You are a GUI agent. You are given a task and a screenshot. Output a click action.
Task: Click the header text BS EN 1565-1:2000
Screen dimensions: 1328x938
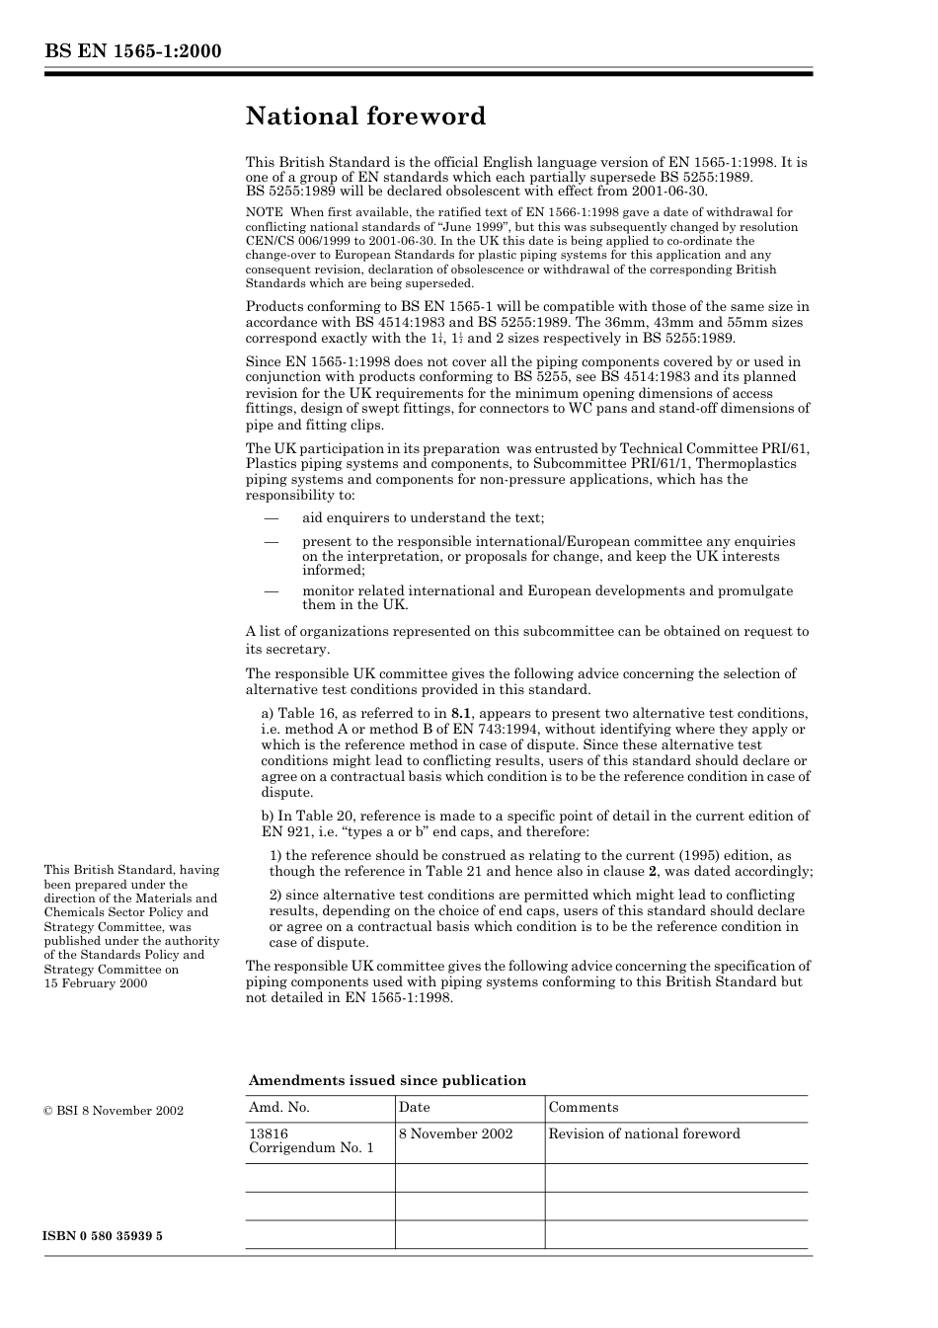point(132,52)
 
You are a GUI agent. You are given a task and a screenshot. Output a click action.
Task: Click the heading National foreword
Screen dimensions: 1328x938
point(365,117)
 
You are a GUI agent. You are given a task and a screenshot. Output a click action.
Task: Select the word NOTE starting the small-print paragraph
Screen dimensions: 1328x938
point(264,212)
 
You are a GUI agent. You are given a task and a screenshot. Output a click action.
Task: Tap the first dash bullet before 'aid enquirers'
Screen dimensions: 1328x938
point(270,518)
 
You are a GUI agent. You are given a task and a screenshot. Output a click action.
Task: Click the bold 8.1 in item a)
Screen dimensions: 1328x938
point(461,714)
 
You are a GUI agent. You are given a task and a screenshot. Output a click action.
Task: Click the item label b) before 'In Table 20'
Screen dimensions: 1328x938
point(267,817)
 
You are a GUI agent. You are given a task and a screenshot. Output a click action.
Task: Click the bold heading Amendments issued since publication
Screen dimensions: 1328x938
point(387,1080)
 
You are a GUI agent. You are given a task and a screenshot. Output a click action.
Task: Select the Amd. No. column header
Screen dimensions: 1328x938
point(279,1108)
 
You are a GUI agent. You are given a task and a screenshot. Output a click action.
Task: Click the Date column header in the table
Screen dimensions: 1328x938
point(415,1108)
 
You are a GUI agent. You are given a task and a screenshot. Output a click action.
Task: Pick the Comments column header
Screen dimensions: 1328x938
point(584,1108)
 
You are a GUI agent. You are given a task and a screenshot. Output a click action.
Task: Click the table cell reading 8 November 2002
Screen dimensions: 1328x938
point(456,1134)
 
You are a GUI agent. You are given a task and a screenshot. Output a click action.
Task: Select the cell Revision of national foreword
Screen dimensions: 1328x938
point(644,1134)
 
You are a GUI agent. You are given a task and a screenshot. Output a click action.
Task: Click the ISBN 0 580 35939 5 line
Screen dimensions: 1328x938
point(103,1236)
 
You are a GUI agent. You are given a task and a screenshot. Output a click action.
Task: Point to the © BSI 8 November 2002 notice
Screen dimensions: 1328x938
point(114,1111)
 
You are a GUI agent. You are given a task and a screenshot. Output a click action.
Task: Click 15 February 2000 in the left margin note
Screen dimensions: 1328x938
point(96,983)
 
